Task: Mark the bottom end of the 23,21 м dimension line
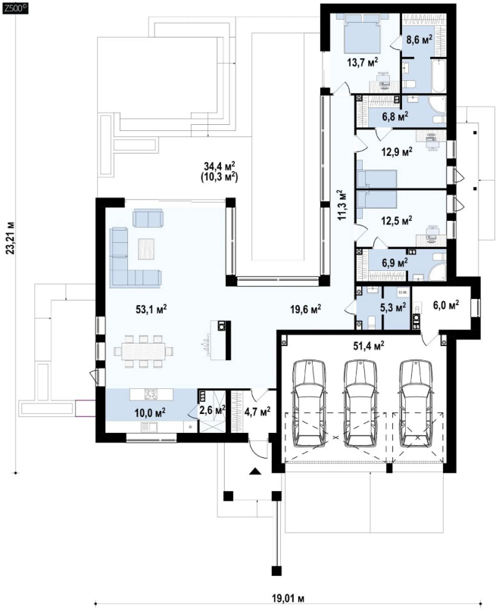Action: click(x=16, y=473)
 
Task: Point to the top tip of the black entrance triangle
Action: click(x=255, y=468)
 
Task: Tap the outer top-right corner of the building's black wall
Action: click(x=456, y=4)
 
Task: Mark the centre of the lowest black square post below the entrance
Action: click(x=276, y=571)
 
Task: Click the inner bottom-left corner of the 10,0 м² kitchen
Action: click(x=105, y=432)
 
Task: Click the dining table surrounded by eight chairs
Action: click(x=143, y=351)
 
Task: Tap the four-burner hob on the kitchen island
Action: click(x=151, y=394)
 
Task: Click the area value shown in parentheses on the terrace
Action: click(x=220, y=176)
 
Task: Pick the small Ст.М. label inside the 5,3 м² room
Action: click(x=403, y=292)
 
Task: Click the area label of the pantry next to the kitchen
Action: click(x=212, y=410)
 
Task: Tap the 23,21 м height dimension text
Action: click(x=11, y=238)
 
